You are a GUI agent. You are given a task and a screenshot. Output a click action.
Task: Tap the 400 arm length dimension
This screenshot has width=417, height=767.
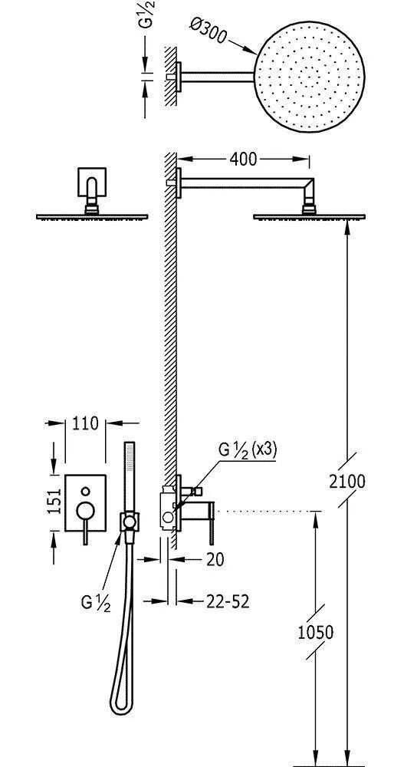(x=243, y=159)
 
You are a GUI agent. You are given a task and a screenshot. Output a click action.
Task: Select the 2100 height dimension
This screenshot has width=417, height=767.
(x=347, y=482)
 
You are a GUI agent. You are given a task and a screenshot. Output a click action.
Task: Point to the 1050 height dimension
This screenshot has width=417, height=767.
(x=316, y=633)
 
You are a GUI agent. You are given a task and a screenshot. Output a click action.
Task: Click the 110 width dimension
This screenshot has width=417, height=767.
(x=85, y=423)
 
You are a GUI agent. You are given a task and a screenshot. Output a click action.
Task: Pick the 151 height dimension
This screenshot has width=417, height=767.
(x=55, y=502)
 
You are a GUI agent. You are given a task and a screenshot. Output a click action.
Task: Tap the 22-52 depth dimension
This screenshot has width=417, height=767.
(x=228, y=601)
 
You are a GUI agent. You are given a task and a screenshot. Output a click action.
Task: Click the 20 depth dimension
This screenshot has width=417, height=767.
(x=214, y=559)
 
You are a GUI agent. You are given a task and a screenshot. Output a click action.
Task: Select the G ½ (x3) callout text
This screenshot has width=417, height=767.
(x=248, y=450)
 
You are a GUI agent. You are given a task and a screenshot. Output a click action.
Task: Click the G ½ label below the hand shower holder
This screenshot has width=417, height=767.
(x=96, y=603)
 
